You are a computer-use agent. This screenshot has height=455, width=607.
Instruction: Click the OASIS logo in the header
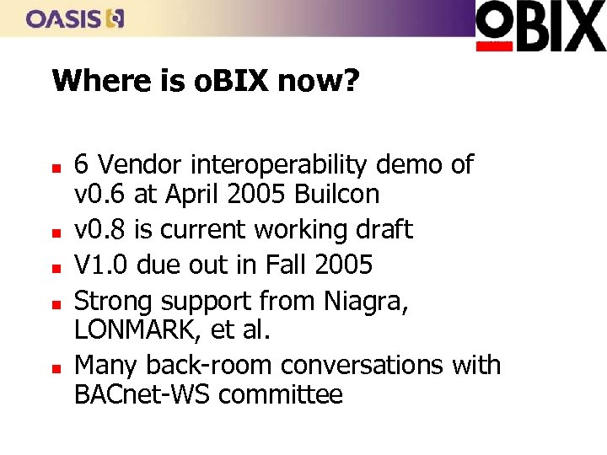(75, 19)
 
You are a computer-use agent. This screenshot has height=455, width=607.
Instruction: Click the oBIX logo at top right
(540, 25)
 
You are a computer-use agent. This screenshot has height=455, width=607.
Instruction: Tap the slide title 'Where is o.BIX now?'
(206, 82)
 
